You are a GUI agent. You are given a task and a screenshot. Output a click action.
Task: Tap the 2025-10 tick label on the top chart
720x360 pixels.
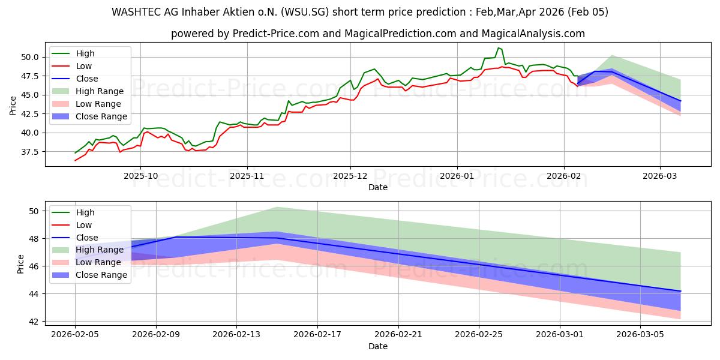(x=140, y=176)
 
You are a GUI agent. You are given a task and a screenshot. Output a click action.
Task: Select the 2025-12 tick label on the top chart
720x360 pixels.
(x=350, y=176)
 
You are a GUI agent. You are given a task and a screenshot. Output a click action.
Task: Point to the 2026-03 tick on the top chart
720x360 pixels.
(x=660, y=176)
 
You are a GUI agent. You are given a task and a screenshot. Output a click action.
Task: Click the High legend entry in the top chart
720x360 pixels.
(x=84, y=53)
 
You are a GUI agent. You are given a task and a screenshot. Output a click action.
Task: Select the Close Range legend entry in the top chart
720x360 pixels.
(x=101, y=116)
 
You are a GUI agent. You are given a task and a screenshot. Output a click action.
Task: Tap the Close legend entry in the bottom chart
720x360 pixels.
(x=87, y=238)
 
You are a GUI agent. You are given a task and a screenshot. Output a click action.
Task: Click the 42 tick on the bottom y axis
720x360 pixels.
(x=34, y=322)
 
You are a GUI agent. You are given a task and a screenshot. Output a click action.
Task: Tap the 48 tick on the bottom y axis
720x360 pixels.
(x=34, y=239)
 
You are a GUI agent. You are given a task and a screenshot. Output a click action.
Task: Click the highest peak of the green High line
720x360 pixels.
(x=498, y=47)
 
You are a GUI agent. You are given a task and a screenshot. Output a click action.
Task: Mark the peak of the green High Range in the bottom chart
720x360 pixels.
(x=277, y=207)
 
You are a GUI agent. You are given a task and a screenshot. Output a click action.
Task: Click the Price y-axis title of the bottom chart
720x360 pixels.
(x=21, y=263)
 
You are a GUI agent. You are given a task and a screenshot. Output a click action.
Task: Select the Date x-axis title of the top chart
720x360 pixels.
(x=378, y=187)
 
